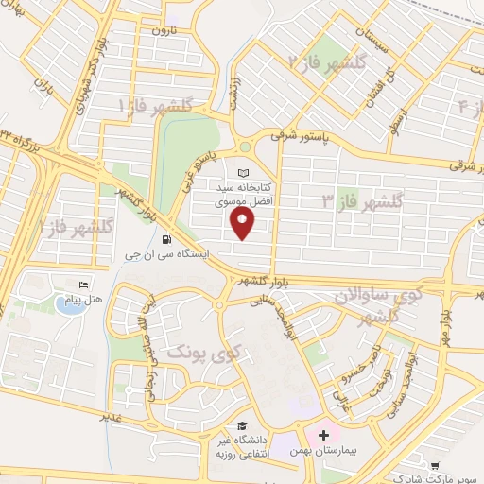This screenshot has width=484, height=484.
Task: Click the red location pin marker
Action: [x=243, y=223]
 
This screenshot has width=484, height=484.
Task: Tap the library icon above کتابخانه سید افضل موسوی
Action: [x=245, y=174]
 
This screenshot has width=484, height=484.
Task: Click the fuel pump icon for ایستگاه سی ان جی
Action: [x=167, y=239]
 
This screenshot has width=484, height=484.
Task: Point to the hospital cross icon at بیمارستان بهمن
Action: [x=324, y=436]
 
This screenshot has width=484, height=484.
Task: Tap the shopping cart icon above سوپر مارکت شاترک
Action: [x=435, y=464]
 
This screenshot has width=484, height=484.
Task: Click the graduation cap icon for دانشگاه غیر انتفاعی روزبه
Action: [x=242, y=425]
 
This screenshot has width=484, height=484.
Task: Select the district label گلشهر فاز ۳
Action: [x=362, y=201]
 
